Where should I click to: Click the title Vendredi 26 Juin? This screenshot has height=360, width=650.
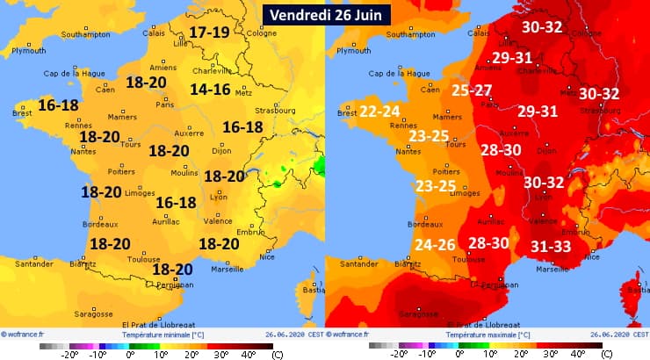(325, 15)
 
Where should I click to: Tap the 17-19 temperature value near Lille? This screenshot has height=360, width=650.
(209, 32)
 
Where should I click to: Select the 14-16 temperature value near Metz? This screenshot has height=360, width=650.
(210, 89)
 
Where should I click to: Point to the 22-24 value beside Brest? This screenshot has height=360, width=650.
(380, 111)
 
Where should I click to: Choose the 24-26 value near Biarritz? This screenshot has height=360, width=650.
(435, 245)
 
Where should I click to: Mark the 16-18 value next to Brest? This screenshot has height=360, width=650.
(58, 104)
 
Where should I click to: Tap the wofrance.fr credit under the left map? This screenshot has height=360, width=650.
(26, 335)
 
